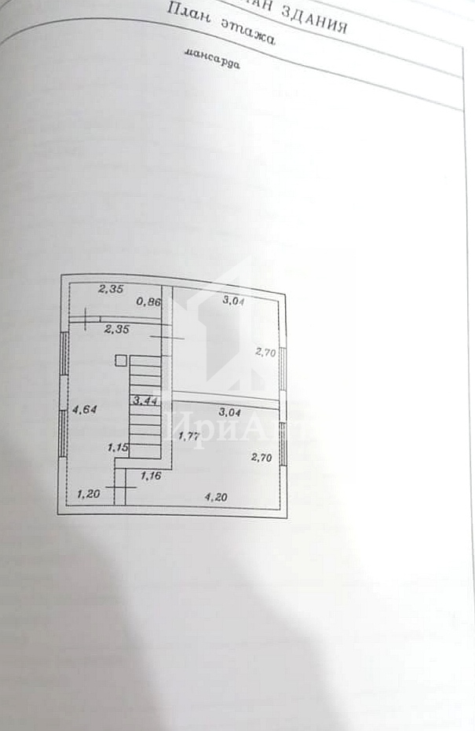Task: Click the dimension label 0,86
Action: coord(148,301)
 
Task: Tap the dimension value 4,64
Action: coord(85,409)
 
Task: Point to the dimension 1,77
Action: coord(188,436)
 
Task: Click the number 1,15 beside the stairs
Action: coord(118,448)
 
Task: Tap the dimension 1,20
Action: coord(89,494)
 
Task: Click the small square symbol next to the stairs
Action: coord(120,360)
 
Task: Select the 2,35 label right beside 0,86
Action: coord(110,289)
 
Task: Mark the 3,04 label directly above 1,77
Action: coord(230,411)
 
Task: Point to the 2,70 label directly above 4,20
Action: coord(261,457)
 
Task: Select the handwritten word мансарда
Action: coord(212,60)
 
